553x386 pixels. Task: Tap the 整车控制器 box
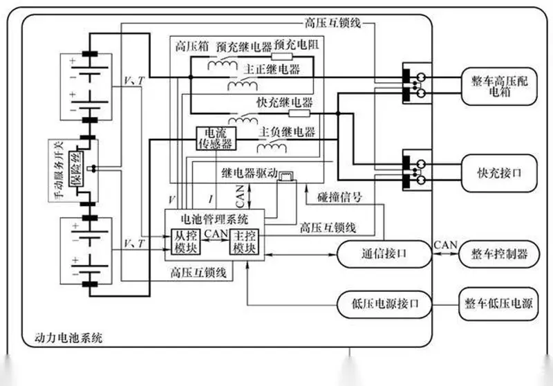coord(498,254)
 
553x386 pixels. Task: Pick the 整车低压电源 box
coord(498,304)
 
